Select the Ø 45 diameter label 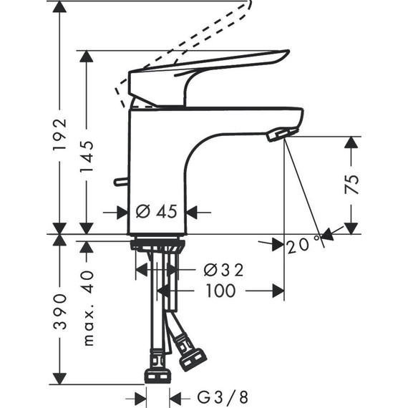(157, 212)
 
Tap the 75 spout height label (351, 184)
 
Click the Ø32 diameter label (223, 270)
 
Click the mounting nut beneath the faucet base (157, 246)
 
